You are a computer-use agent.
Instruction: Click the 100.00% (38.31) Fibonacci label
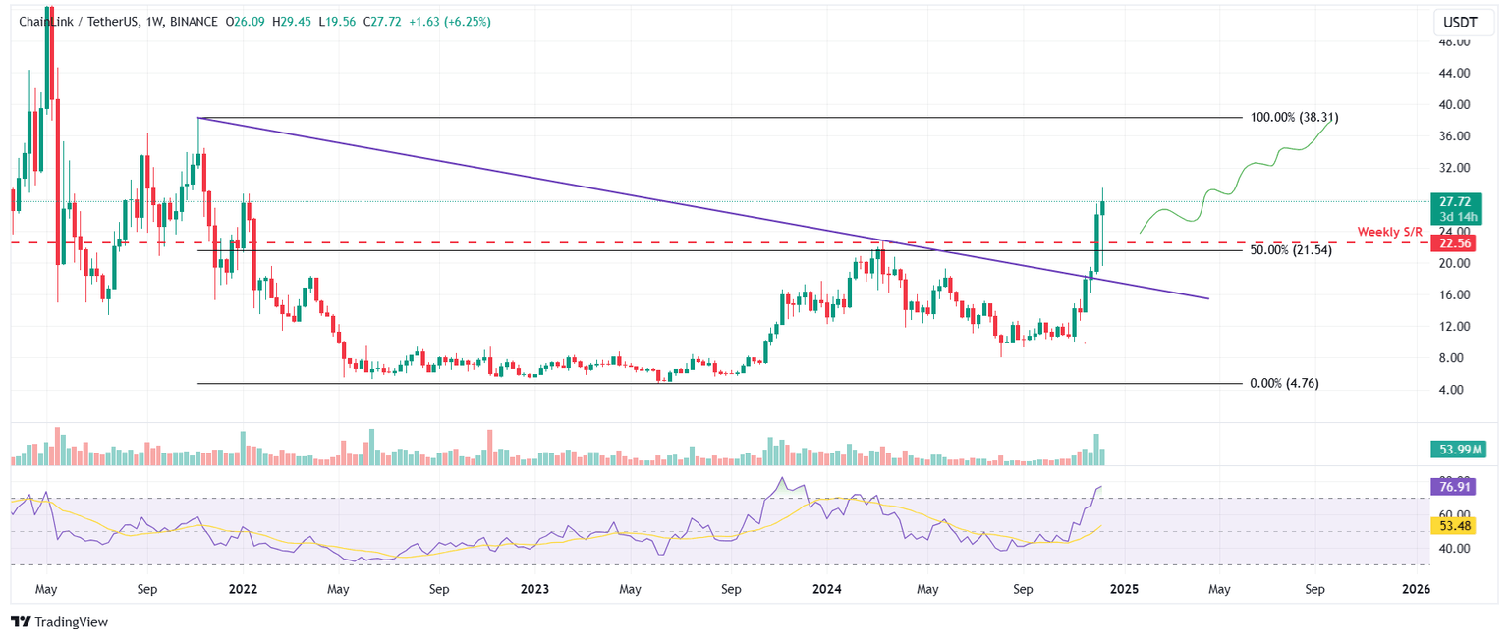(1294, 117)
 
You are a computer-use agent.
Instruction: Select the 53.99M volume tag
(1461, 450)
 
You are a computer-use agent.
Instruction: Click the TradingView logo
(60, 622)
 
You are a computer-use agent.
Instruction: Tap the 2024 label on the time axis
(827, 589)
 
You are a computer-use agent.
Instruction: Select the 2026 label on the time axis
(1415, 589)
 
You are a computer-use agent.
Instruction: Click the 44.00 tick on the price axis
(1454, 73)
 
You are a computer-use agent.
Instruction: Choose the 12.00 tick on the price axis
(1454, 326)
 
